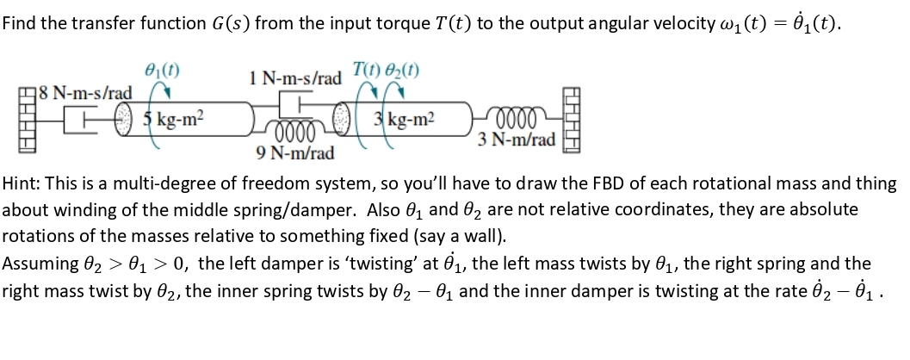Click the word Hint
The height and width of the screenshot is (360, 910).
pos(21,184)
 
